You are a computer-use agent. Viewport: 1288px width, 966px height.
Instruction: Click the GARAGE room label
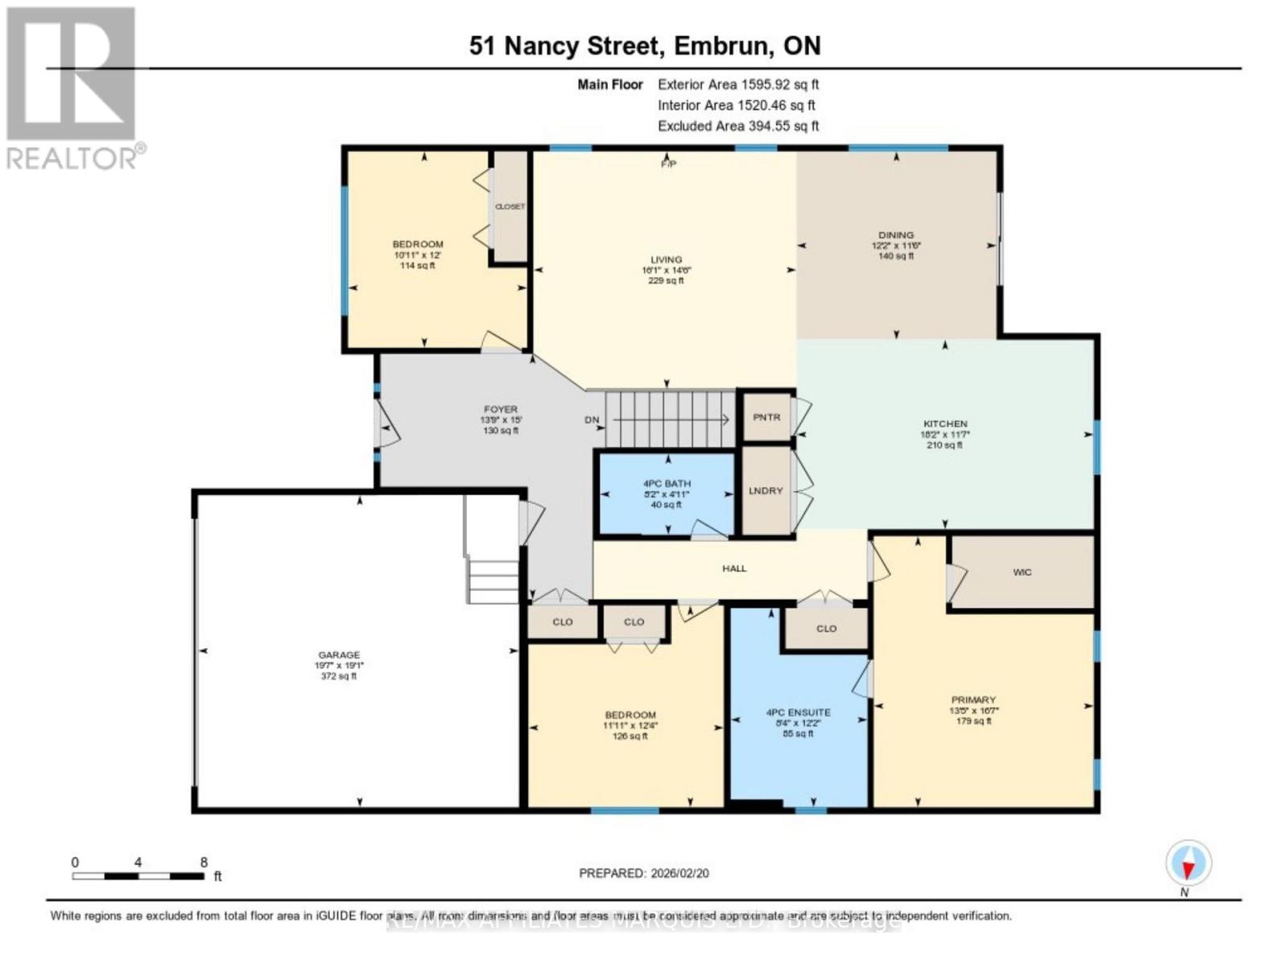tap(338, 655)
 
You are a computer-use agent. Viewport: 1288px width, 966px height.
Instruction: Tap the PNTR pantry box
tap(766, 417)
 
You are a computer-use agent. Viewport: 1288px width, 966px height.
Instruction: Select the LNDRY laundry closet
tap(765, 490)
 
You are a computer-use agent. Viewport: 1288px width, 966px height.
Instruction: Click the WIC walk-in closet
tap(1022, 572)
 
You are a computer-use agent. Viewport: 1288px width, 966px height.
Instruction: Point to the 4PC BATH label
tap(667, 484)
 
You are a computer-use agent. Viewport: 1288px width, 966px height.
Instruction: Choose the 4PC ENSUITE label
tap(798, 712)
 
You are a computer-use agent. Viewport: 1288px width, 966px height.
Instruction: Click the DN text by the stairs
tap(592, 420)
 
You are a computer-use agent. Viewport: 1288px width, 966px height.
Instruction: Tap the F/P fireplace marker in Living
tap(667, 164)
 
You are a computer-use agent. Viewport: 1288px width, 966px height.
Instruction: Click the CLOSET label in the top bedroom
tap(510, 207)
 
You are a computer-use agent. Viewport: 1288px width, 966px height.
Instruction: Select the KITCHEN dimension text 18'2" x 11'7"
tap(944, 435)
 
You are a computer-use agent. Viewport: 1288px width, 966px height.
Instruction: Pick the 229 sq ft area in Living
tap(666, 281)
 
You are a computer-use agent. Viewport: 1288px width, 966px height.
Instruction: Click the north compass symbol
tap(1188, 864)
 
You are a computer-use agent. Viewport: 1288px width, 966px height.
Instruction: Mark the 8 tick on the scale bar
tap(204, 863)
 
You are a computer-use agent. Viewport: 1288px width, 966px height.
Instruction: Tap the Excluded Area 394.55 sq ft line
tap(737, 126)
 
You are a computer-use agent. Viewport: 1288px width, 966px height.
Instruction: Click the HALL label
tap(734, 568)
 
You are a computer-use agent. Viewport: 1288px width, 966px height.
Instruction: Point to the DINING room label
tap(895, 235)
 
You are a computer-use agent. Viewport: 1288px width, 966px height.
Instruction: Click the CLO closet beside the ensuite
tap(826, 629)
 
